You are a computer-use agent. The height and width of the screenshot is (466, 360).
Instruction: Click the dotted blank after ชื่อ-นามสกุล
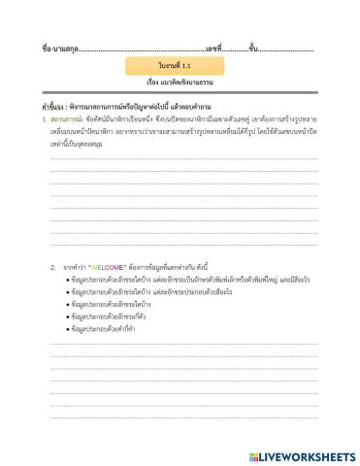click(x=140, y=48)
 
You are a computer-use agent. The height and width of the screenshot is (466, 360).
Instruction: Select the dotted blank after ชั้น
click(x=285, y=48)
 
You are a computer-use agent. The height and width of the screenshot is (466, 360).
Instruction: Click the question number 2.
click(x=52, y=266)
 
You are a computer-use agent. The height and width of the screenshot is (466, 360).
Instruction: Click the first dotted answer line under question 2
click(x=183, y=344)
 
